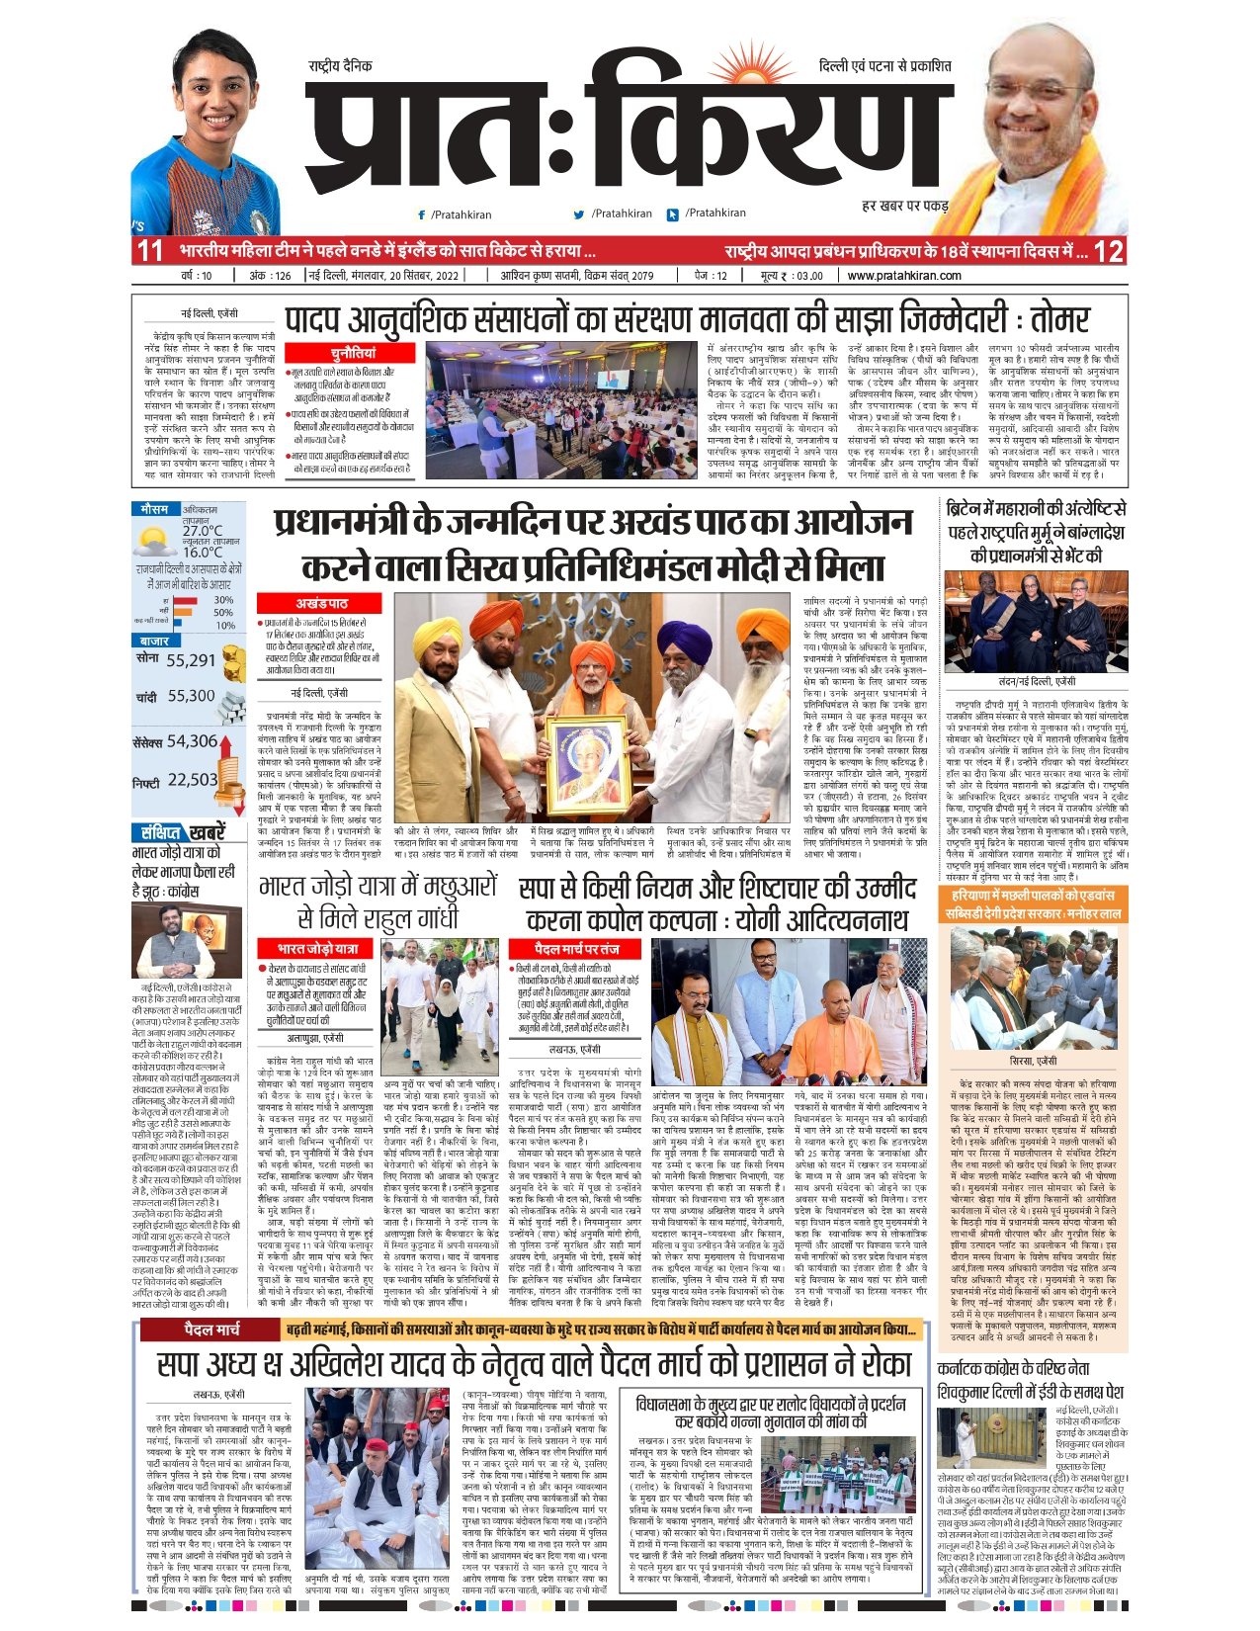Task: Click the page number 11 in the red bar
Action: pos(150,250)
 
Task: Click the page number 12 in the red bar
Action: pos(1109,251)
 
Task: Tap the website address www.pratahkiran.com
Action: pos(903,276)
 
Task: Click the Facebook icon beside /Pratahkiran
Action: pos(422,215)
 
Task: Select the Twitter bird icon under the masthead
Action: pos(579,214)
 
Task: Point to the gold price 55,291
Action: pos(191,660)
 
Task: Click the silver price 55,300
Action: pos(192,696)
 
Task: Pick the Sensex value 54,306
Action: pos(192,741)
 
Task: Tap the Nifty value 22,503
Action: pos(193,780)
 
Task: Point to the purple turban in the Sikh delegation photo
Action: pos(684,643)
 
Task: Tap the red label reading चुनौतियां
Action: pos(353,353)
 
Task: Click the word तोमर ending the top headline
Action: pos(1060,320)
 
